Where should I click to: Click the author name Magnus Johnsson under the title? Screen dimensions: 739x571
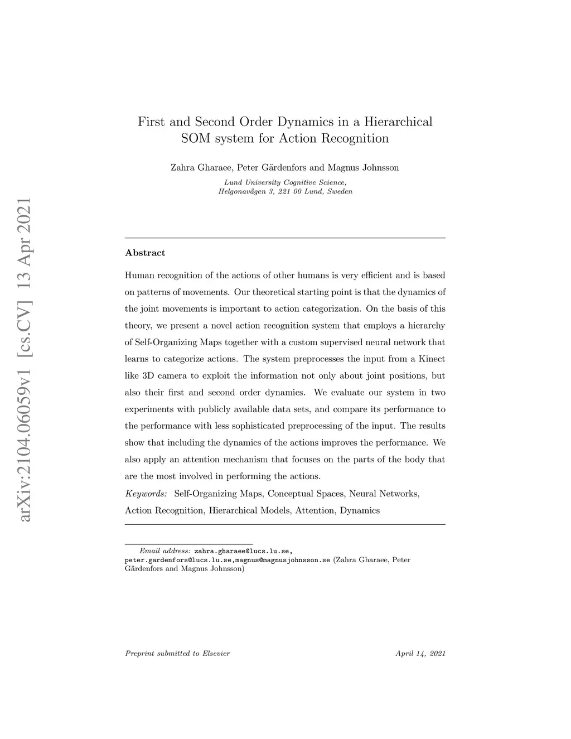point(363,167)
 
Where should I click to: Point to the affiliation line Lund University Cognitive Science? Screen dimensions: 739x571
point(285,182)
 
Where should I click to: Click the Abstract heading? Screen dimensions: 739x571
point(145,253)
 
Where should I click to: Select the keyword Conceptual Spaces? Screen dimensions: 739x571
point(306,494)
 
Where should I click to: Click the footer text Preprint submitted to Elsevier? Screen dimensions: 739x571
point(177,653)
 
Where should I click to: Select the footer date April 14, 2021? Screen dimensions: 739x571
point(420,653)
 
